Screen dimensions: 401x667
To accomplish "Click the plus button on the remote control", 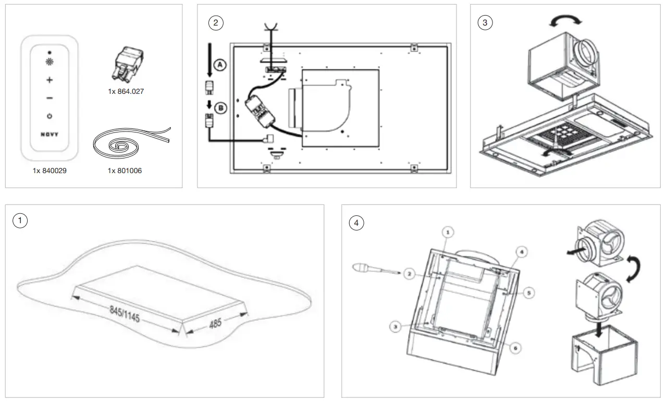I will click(x=50, y=80).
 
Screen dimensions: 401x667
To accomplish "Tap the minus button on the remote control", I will click(x=50, y=98).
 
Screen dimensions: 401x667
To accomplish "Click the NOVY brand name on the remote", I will click(x=50, y=134).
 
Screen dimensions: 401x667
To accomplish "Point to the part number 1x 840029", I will click(x=50, y=171).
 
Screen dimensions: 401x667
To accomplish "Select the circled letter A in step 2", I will click(x=221, y=65).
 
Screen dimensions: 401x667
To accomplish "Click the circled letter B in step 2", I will click(x=221, y=108).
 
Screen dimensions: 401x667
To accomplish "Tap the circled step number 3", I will click(x=485, y=23).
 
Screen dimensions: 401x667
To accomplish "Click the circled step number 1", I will click(x=20, y=221).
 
